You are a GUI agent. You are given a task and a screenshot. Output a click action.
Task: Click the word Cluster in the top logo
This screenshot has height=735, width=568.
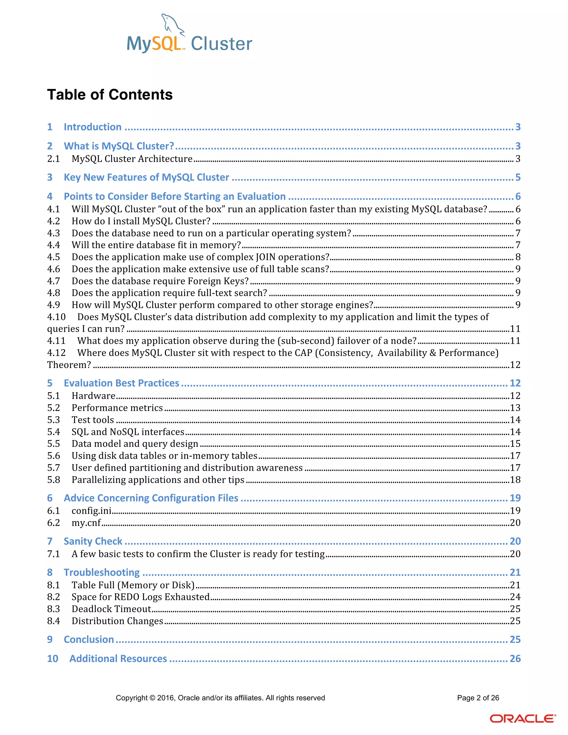pos(221,44)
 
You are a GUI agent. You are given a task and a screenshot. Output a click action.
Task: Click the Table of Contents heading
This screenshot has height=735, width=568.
pos(110,95)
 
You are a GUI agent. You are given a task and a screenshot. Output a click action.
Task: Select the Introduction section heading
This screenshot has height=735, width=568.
pos(93,127)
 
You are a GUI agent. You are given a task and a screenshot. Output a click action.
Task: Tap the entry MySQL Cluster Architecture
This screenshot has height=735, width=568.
pos(132,159)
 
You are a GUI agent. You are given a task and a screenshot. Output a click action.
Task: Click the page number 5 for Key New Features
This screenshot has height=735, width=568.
pos(518,177)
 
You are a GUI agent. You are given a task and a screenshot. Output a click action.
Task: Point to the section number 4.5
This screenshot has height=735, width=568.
pos(54,257)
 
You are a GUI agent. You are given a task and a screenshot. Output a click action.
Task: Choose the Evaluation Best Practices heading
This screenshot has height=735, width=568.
pos(121,383)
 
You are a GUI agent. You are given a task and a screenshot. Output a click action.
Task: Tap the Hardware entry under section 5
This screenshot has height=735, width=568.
pos(93,396)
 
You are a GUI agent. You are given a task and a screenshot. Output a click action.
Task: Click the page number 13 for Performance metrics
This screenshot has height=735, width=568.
pos(515,408)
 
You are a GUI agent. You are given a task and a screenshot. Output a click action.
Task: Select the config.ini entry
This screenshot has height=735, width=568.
pos(92,511)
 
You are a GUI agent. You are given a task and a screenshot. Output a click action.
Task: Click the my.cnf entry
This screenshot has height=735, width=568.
pos(86,523)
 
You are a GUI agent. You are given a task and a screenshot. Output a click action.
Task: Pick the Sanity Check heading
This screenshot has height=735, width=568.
pos(93,541)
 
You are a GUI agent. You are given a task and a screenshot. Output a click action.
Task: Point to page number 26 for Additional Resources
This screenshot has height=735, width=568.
pos(515,659)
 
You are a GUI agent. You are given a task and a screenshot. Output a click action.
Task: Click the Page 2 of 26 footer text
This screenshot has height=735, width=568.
pos(478,698)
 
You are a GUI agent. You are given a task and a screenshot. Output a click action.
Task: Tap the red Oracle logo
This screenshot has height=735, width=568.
pos(522,719)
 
